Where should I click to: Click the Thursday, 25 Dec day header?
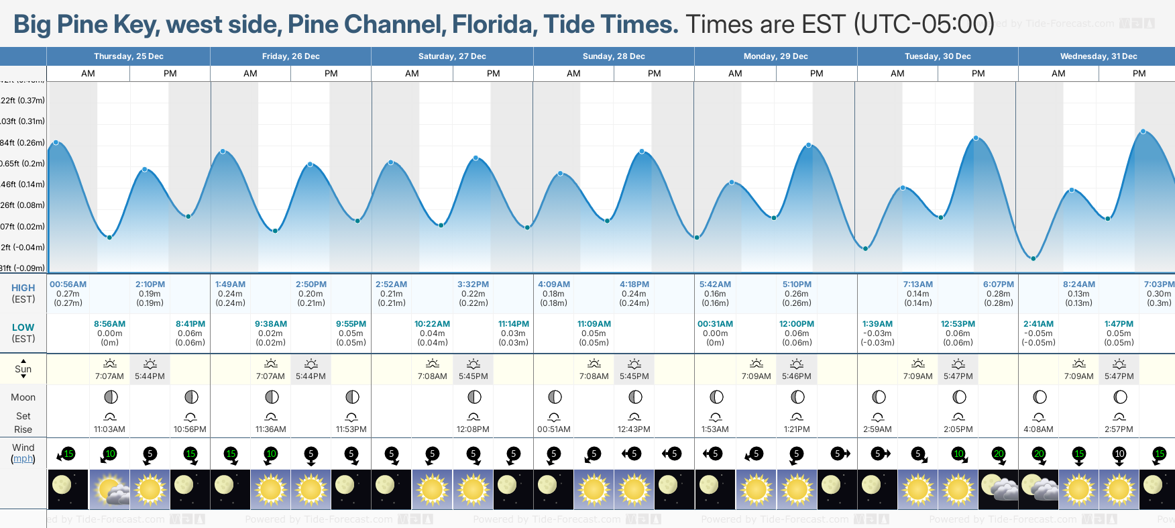pos(128,56)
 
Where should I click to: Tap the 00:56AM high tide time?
pos(68,284)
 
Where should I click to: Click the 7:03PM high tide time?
pos(1159,284)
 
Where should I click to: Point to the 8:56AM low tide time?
pos(109,324)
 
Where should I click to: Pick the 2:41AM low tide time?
pos(1038,324)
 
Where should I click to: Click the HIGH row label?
pos(23,288)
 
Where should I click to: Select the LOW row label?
pos(23,327)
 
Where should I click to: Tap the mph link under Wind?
pos(23,459)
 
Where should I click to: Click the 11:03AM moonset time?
pos(109,429)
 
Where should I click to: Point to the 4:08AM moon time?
pos(1038,429)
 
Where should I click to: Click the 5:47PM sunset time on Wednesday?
pos(1119,376)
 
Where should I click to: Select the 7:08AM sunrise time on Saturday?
pos(433,376)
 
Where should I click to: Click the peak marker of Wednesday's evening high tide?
pos(1143,131)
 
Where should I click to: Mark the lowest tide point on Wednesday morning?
pos(1033,258)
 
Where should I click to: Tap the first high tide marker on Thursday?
pos(56,142)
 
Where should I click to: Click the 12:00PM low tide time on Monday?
pos(796,324)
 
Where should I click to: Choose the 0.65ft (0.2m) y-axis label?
pos(22,164)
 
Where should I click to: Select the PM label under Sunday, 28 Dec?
pos(655,74)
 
